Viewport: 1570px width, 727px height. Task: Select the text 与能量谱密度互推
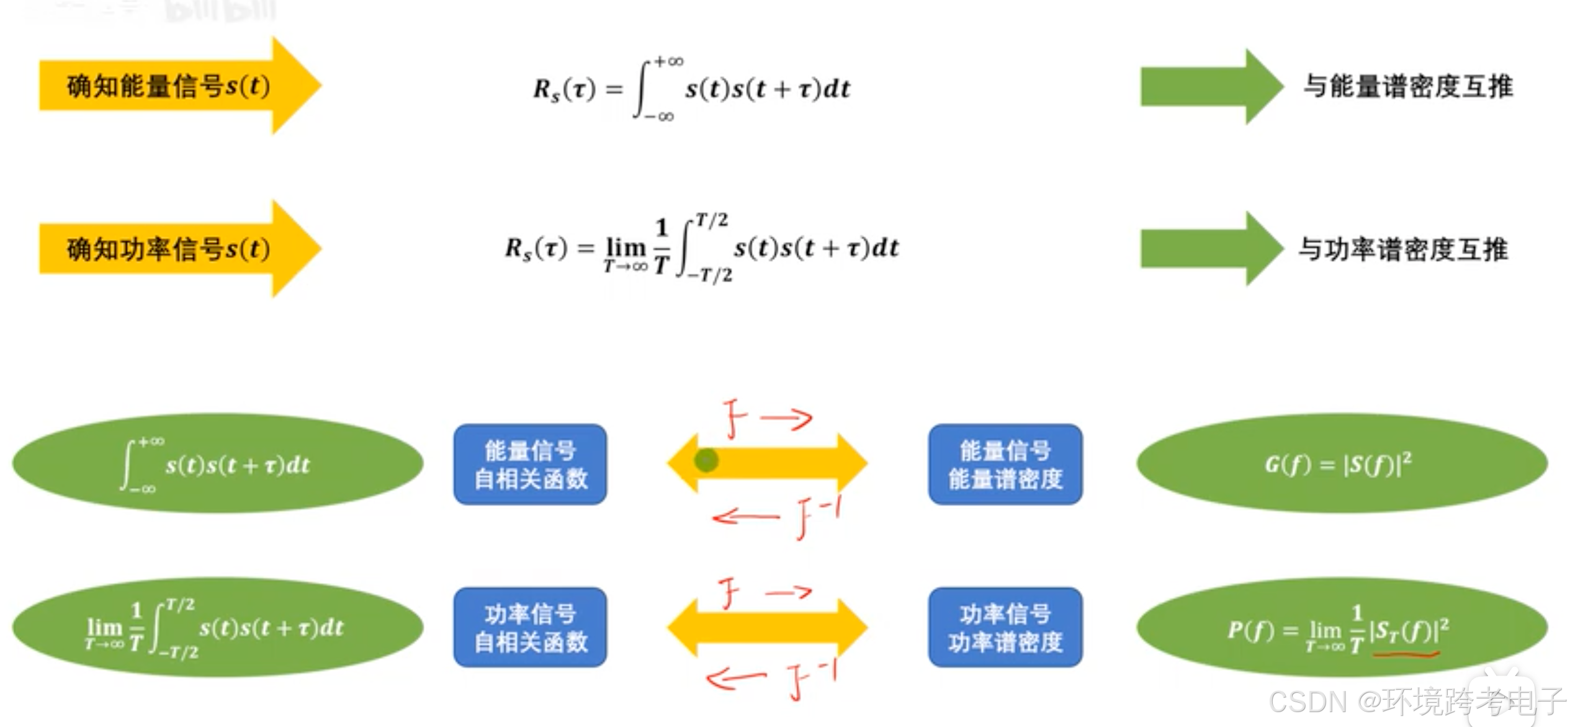pos(1407,86)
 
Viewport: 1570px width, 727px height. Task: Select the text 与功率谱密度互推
pos(1403,249)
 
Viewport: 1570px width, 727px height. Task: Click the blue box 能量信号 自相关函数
pos(530,464)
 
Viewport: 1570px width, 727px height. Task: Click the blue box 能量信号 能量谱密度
pos(1005,464)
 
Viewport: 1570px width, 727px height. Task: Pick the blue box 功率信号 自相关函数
pos(530,627)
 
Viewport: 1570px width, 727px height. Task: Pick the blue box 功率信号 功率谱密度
pos(1005,627)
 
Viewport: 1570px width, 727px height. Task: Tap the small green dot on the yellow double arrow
pos(706,460)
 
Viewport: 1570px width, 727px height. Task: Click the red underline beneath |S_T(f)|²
pos(1406,653)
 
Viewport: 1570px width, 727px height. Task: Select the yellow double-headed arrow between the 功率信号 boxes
pos(767,627)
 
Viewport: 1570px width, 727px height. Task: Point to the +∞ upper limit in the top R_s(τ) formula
pos(669,61)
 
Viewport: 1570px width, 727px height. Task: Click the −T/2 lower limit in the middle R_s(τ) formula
pos(710,274)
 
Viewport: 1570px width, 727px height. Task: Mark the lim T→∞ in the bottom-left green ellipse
pos(104,633)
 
